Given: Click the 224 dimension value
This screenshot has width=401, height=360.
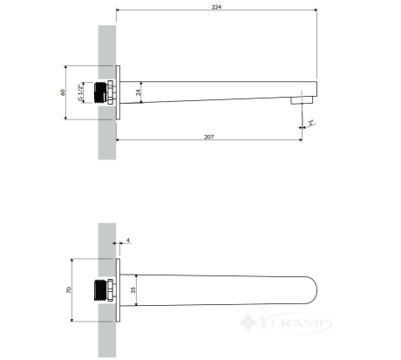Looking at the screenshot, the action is [216, 6].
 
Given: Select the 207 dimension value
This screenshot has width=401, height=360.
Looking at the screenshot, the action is [208, 137].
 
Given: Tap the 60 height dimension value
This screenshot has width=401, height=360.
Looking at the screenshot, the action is [62, 92].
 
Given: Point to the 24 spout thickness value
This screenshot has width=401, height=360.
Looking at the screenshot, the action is [139, 92].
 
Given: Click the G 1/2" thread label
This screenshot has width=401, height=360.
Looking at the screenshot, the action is [79, 92].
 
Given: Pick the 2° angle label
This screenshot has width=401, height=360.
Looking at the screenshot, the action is [310, 122].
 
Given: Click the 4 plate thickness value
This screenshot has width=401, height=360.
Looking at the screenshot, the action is [128, 241].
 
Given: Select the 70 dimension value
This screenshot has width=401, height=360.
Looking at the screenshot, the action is [69, 289].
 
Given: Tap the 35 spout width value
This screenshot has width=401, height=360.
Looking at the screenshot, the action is [133, 290].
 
